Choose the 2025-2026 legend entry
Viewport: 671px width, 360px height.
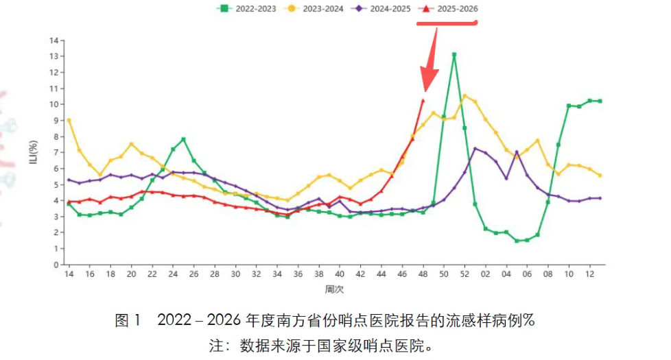pos(450,8)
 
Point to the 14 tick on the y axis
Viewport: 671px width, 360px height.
pos(54,40)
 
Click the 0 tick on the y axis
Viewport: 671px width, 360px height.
pos(56,265)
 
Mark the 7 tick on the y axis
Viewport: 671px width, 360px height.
pos(56,152)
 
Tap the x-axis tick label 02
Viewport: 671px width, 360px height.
pos(485,274)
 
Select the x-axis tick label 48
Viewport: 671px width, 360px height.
pos(423,274)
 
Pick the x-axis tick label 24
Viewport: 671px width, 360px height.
pos(173,274)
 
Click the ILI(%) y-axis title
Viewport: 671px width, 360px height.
pos(32,152)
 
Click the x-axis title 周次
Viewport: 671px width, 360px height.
pos(334,290)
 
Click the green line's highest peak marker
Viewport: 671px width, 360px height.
pos(454,54)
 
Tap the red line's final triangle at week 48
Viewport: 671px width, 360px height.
pos(423,101)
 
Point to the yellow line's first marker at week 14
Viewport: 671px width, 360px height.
pos(69,120)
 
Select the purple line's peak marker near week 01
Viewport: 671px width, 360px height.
pos(475,148)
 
